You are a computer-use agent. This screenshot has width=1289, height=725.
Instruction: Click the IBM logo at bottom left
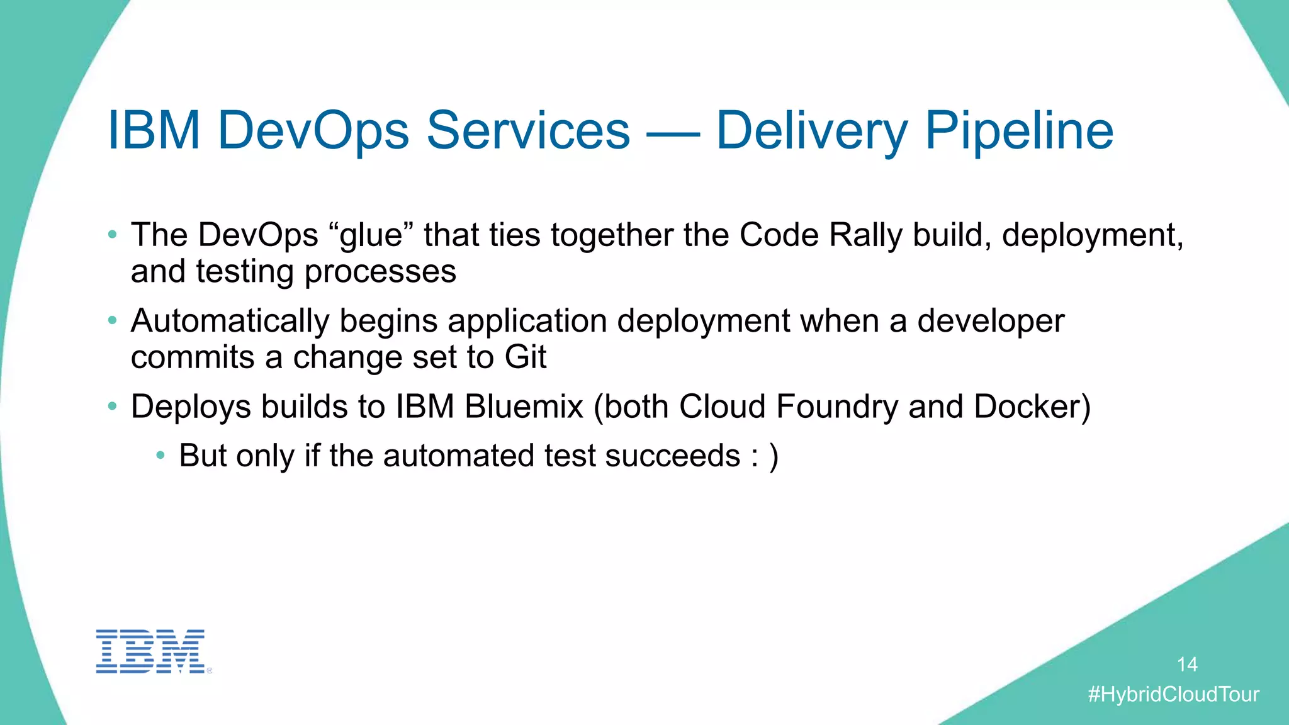[x=150, y=651]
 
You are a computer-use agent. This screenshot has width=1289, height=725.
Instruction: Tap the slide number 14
[x=1187, y=665]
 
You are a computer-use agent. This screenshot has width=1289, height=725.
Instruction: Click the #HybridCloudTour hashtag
[x=1174, y=694]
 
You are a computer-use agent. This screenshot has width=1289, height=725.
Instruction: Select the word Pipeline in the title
[x=1019, y=131]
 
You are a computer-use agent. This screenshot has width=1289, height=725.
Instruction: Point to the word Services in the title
[x=528, y=131]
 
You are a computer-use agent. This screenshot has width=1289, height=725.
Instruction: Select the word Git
[x=525, y=357]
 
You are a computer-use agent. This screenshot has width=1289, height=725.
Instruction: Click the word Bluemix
[x=524, y=407]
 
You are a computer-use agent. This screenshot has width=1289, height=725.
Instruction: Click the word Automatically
[x=230, y=321]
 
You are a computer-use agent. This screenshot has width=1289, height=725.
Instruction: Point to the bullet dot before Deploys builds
[x=112, y=407]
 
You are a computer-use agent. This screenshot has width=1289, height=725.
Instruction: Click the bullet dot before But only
[x=160, y=455]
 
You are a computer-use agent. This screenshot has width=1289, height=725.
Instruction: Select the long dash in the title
[x=673, y=134]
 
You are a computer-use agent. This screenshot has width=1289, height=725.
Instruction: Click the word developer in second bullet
[x=991, y=321]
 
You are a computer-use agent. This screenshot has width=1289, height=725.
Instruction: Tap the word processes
[x=380, y=272]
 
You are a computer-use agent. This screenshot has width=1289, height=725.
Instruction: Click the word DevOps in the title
[x=313, y=131]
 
